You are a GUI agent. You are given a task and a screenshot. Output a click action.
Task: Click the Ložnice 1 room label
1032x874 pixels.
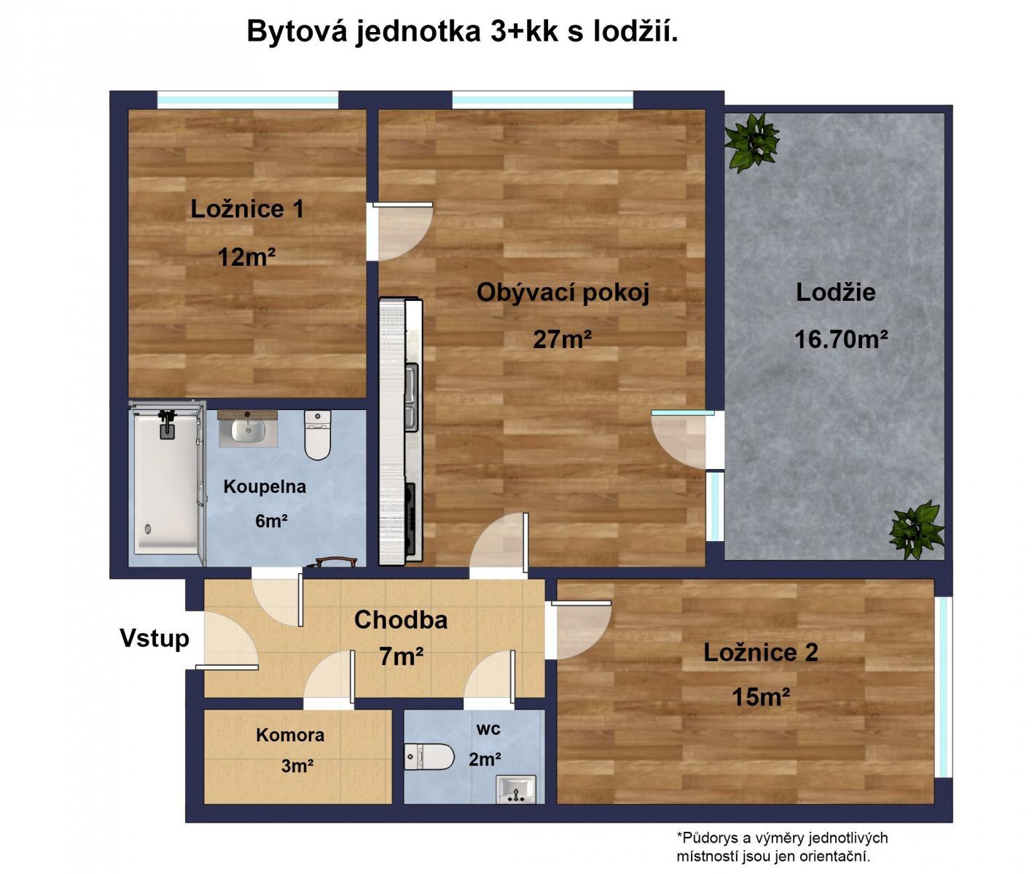click(247, 208)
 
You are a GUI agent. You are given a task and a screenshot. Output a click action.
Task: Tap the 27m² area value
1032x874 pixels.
click(562, 339)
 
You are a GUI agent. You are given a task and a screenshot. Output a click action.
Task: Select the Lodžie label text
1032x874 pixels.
click(835, 292)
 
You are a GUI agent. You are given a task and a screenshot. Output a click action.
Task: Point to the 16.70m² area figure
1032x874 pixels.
click(841, 339)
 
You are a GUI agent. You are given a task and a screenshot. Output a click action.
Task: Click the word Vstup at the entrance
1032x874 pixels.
click(155, 638)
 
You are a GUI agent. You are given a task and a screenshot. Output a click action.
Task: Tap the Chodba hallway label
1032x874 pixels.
click(400, 620)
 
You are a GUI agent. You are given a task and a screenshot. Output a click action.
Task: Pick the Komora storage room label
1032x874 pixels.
click(290, 735)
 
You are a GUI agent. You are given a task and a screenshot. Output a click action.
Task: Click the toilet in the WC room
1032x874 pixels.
click(429, 757)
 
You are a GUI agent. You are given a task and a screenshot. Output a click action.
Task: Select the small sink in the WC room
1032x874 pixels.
click(516, 789)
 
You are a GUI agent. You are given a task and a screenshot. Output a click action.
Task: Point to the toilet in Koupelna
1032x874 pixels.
click(318, 435)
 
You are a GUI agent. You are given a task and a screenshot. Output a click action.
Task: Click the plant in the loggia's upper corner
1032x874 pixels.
click(751, 142)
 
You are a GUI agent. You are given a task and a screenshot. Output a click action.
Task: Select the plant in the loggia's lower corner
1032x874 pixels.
click(917, 529)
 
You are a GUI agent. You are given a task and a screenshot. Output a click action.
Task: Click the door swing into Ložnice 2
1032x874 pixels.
click(581, 629)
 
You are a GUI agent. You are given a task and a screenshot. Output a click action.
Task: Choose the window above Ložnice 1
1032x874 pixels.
click(248, 100)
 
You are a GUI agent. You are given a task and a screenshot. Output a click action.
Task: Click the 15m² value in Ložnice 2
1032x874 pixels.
click(761, 696)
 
